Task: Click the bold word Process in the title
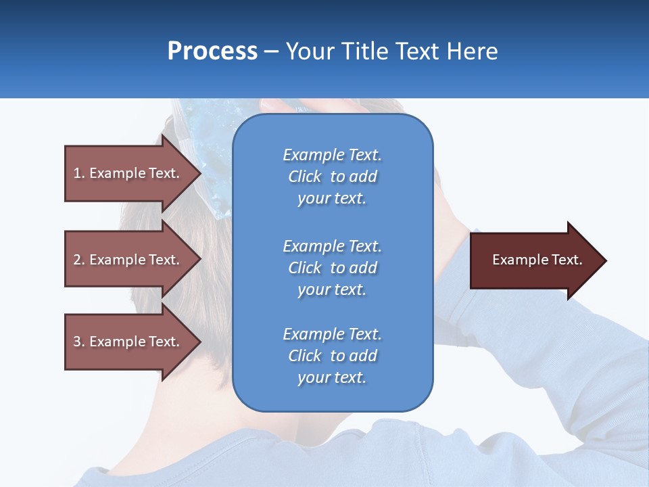click(x=212, y=51)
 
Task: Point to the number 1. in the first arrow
click(x=79, y=173)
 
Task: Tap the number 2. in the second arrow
click(x=79, y=260)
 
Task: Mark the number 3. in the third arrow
click(x=79, y=342)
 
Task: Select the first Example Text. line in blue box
click(x=332, y=155)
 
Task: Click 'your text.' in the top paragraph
click(x=332, y=198)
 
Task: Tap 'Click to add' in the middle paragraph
click(x=332, y=268)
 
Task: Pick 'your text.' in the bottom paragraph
click(x=332, y=377)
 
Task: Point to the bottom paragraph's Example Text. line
click(x=332, y=334)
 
